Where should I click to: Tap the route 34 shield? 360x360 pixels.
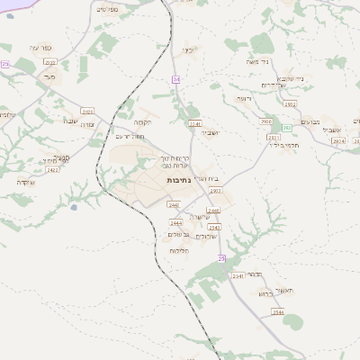[176, 80]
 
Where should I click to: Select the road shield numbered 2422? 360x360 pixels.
[52, 169]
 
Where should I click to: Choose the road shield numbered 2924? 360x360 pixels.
[337, 141]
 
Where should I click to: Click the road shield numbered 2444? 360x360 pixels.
[175, 222]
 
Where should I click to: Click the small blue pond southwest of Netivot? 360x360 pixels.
[73, 207]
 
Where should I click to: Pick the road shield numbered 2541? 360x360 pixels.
[238, 275]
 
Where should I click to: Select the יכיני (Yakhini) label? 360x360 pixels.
[187, 50]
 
